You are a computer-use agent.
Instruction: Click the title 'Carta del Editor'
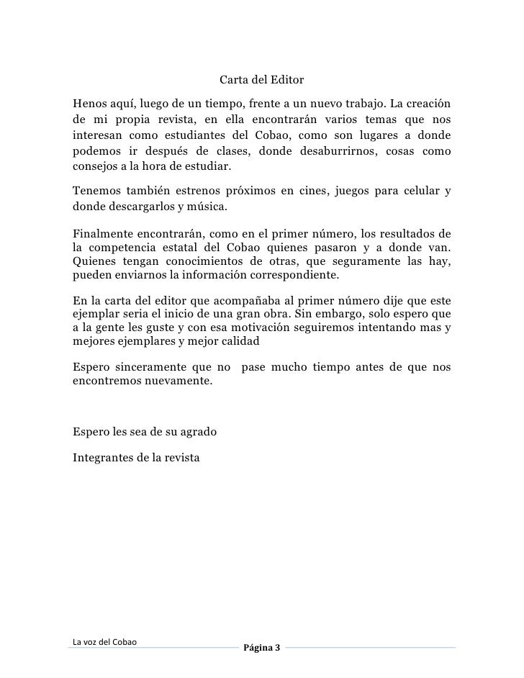(x=261, y=79)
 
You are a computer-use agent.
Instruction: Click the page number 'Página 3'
(x=261, y=648)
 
